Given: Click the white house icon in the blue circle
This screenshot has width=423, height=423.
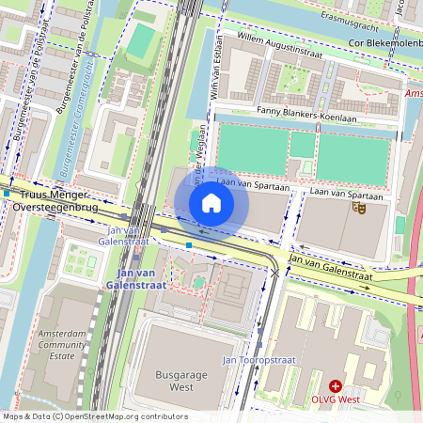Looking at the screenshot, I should point(211,203).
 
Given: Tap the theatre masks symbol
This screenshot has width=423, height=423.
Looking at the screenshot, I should point(357,207).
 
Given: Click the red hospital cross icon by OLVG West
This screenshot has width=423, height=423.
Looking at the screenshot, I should point(336,386).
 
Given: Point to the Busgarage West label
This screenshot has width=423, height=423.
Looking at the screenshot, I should point(180,381).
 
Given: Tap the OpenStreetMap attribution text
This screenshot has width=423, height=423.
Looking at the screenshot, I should point(94,416).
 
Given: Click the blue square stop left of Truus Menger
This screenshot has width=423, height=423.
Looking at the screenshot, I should point(7,195).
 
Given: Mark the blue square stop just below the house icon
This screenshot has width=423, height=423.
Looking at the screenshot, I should point(189,245).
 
